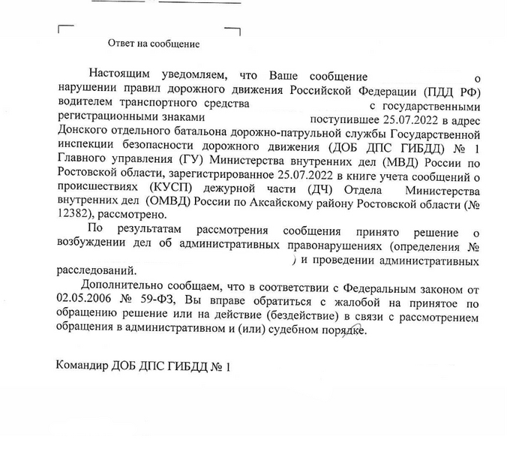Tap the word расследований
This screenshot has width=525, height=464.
(x=97, y=270)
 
